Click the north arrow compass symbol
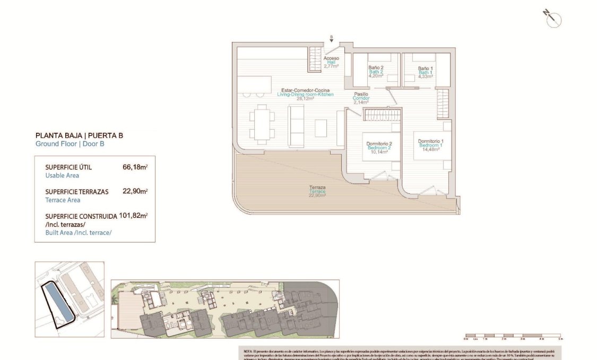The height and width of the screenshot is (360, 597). point(553,19)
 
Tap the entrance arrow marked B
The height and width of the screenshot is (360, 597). point(332,39)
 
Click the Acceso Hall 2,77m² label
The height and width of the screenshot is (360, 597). point(331,62)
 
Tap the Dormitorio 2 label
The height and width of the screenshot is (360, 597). point(379,147)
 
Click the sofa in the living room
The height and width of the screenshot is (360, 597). point(296,126)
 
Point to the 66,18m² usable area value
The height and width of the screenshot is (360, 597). point(135,167)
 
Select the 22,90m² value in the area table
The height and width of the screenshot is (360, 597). point(135,192)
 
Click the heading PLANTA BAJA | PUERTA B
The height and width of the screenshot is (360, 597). point(79,135)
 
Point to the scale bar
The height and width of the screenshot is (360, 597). point(512,336)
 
